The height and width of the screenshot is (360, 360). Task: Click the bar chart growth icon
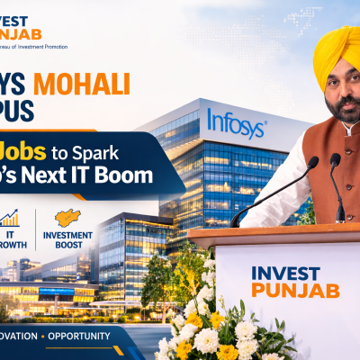(x=10, y=219)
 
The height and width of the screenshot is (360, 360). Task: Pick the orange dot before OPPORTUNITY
(x=41, y=337)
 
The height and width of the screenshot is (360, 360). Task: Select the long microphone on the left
(x=274, y=189)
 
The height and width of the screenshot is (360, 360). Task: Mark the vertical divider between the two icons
(x=36, y=229)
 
